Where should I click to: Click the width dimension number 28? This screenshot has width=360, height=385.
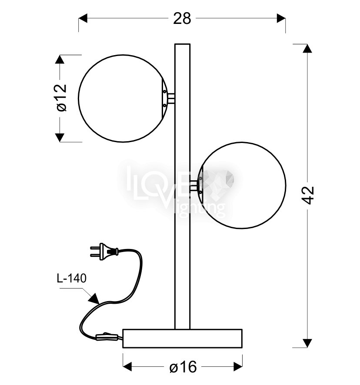click(x=182, y=18)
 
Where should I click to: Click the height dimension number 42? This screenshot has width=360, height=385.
click(x=308, y=195)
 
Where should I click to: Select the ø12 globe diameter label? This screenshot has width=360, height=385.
click(x=61, y=98)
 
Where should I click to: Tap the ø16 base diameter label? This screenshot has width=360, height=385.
click(x=183, y=367)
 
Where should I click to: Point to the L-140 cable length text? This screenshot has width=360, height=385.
click(x=71, y=279)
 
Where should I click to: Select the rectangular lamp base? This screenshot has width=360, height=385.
click(x=182, y=339)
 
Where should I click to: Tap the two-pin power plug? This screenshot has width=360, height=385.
click(x=104, y=251)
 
